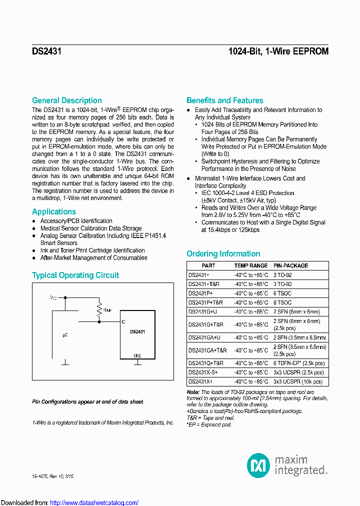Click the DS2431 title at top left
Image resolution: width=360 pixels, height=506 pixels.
(x=46, y=51)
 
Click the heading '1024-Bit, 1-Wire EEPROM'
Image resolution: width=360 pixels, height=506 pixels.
(x=278, y=51)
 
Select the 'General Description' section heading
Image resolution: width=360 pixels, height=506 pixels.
(x=66, y=100)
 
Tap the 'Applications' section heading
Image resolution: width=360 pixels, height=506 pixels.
(x=54, y=211)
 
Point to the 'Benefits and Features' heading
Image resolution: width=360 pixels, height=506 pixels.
(x=224, y=100)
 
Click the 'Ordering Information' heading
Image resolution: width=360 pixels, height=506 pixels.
(x=223, y=253)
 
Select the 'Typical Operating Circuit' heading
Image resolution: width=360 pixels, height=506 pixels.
(x=75, y=275)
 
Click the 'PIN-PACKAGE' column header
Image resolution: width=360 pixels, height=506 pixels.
(x=290, y=265)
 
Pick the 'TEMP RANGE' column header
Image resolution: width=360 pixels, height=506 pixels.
(x=251, y=265)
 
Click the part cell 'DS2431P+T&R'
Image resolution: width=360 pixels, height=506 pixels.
(x=205, y=302)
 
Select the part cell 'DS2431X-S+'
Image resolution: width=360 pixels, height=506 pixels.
(x=203, y=372)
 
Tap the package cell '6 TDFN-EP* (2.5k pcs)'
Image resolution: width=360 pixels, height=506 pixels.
(x=298, y=363)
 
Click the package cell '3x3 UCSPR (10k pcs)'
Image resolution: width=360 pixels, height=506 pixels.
(x=298, y=381)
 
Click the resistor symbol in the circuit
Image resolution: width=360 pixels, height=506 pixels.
(x=99, y=309)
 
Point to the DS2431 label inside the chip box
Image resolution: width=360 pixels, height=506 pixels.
(x=137, y=331)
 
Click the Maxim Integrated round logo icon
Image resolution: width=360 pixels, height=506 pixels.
(x=258, y=465)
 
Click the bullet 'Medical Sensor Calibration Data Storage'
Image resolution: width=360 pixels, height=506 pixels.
(x=91, y=228)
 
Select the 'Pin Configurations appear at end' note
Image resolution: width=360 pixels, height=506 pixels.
(x=88, y=401)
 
